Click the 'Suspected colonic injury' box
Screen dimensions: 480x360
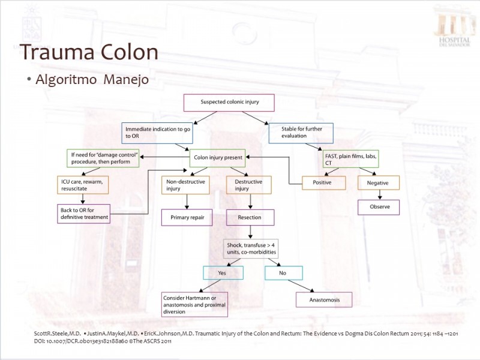point(229,103)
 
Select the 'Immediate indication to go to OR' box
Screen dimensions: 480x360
point(157,133)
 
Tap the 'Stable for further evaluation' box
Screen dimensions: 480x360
point(301,133)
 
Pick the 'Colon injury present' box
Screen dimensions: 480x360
point(218,158)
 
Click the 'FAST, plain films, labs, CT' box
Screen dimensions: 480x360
point(350,159)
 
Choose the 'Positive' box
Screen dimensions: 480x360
point(324,183)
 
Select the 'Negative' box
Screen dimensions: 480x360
point(379,183)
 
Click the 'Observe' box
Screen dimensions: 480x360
point(379,207)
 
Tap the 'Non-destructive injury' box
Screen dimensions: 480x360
point(185,185)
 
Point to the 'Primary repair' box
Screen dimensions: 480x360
point(187,218)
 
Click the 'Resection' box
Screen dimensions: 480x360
point(250,217)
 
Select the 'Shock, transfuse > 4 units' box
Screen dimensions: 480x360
point(251,249)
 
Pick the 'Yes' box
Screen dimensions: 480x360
point(223,273)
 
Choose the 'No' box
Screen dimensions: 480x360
point(284,273)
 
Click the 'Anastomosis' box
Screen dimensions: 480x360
point(324,299)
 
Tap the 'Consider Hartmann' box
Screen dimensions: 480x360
point(194,305)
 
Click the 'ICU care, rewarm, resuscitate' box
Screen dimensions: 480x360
point(83,185)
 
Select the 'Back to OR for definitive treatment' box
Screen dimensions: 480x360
point(83,214)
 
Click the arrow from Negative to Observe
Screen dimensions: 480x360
point(380,194)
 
